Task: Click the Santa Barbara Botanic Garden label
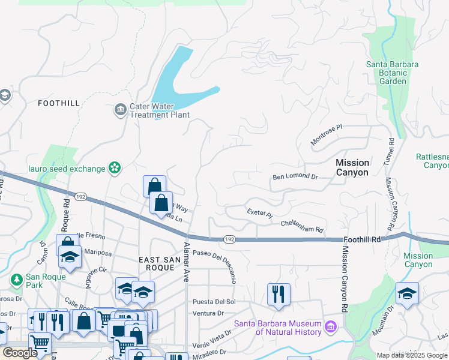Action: (x=393, y=73)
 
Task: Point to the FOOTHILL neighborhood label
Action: (x=58, y=103)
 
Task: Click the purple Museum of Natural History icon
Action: (x=330, y=327)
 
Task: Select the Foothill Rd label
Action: (x=364, y=239)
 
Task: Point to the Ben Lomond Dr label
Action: (x=294, y=176)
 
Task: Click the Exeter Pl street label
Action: (x=259, y=213)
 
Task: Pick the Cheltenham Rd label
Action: (x=303, y=226)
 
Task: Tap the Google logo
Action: (x=20, y=353)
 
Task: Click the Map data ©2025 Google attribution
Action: (x=412, y=355)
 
